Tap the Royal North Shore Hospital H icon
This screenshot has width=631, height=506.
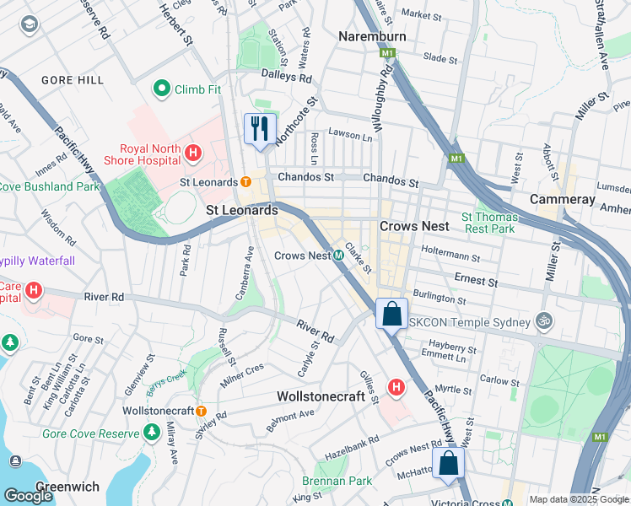pyautogui.click(x=193, y=153)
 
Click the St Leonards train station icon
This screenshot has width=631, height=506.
pyautogui.click(x=245, y=181)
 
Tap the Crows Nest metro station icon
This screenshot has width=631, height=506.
pyautogui.click(x=337, y=255)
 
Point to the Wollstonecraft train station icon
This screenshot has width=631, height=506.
pyautogui.click(x=202, y=410)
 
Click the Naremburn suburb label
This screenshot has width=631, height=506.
pyautogui.click(x=372, y=36)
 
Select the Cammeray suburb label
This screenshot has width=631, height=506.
pyautogui.click(x=563, y=199)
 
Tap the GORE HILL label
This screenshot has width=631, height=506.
pyautogui.click(x=73, y=80)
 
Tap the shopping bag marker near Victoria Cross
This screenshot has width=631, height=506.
pyautogui.click(x=449, y=462)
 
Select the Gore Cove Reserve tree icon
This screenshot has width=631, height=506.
pyautogui.click(x=151, y=433)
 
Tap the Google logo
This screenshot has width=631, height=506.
pyautogui.click(x=28, y=495)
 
